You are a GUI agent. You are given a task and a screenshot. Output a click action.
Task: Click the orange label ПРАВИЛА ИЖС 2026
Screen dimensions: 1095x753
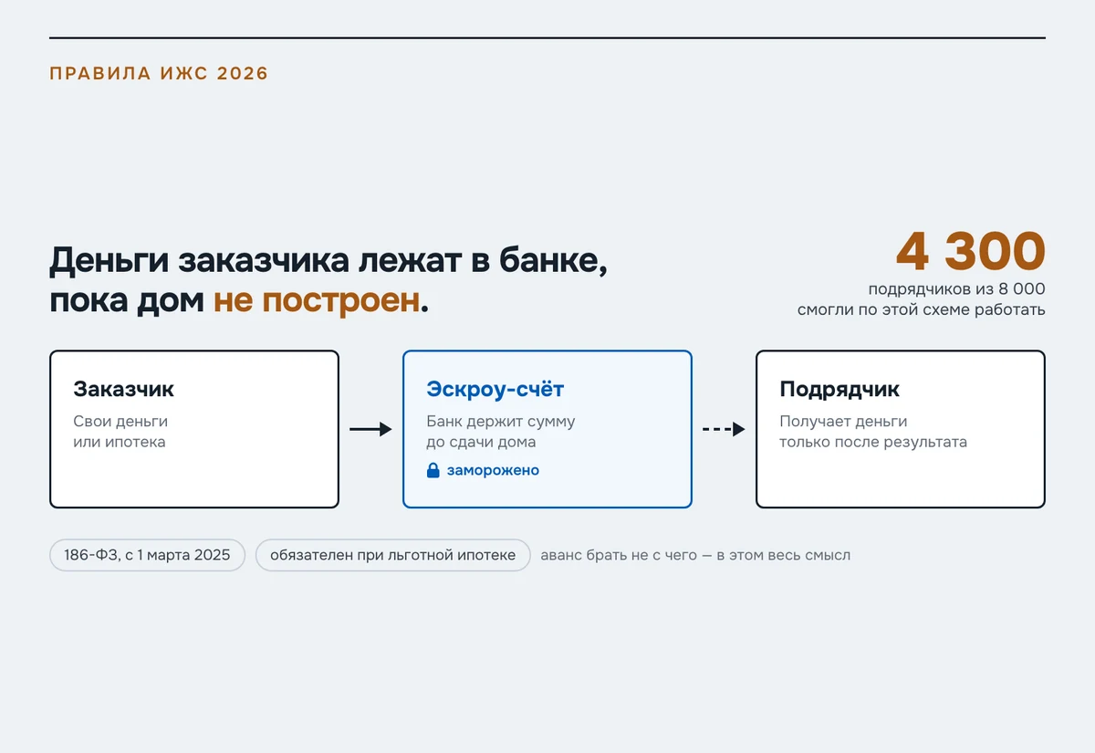159,73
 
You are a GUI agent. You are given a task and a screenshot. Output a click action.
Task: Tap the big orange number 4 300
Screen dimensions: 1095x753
971,251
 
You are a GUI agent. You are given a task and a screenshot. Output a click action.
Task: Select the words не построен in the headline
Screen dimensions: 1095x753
317,299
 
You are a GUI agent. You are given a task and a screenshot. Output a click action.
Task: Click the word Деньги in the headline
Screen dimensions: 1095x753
109,261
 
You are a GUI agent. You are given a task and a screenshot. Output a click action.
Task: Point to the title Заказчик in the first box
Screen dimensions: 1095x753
124,389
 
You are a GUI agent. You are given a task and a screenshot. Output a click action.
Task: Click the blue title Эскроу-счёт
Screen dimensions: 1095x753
495,389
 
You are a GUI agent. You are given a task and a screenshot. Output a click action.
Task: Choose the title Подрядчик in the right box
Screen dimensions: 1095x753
839,390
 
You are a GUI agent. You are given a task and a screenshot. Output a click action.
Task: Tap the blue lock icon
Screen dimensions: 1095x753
433,470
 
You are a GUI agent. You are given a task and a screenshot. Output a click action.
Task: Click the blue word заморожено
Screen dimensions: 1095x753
494,470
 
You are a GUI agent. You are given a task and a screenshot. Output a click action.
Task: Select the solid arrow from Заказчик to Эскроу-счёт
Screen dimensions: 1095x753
370,429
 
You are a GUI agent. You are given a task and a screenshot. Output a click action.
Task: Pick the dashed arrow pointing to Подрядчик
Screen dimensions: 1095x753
724,429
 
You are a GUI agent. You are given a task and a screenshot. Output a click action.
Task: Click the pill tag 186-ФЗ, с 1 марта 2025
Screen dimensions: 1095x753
147,555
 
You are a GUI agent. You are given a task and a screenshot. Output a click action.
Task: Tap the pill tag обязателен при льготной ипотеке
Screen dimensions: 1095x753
393,555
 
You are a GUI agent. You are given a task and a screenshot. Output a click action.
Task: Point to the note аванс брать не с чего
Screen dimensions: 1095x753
619,556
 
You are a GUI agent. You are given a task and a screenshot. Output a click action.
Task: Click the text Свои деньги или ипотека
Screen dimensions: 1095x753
120,431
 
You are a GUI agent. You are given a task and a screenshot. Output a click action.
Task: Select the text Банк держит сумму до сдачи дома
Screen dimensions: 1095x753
501,431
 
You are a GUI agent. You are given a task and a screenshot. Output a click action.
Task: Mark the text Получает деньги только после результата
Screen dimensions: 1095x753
873,431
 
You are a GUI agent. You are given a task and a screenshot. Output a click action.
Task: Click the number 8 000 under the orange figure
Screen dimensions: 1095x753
1022,289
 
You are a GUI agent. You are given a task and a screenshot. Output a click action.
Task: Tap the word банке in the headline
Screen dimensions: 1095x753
553,261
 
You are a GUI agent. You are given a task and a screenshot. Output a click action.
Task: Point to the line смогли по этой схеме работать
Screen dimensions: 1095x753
922,309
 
